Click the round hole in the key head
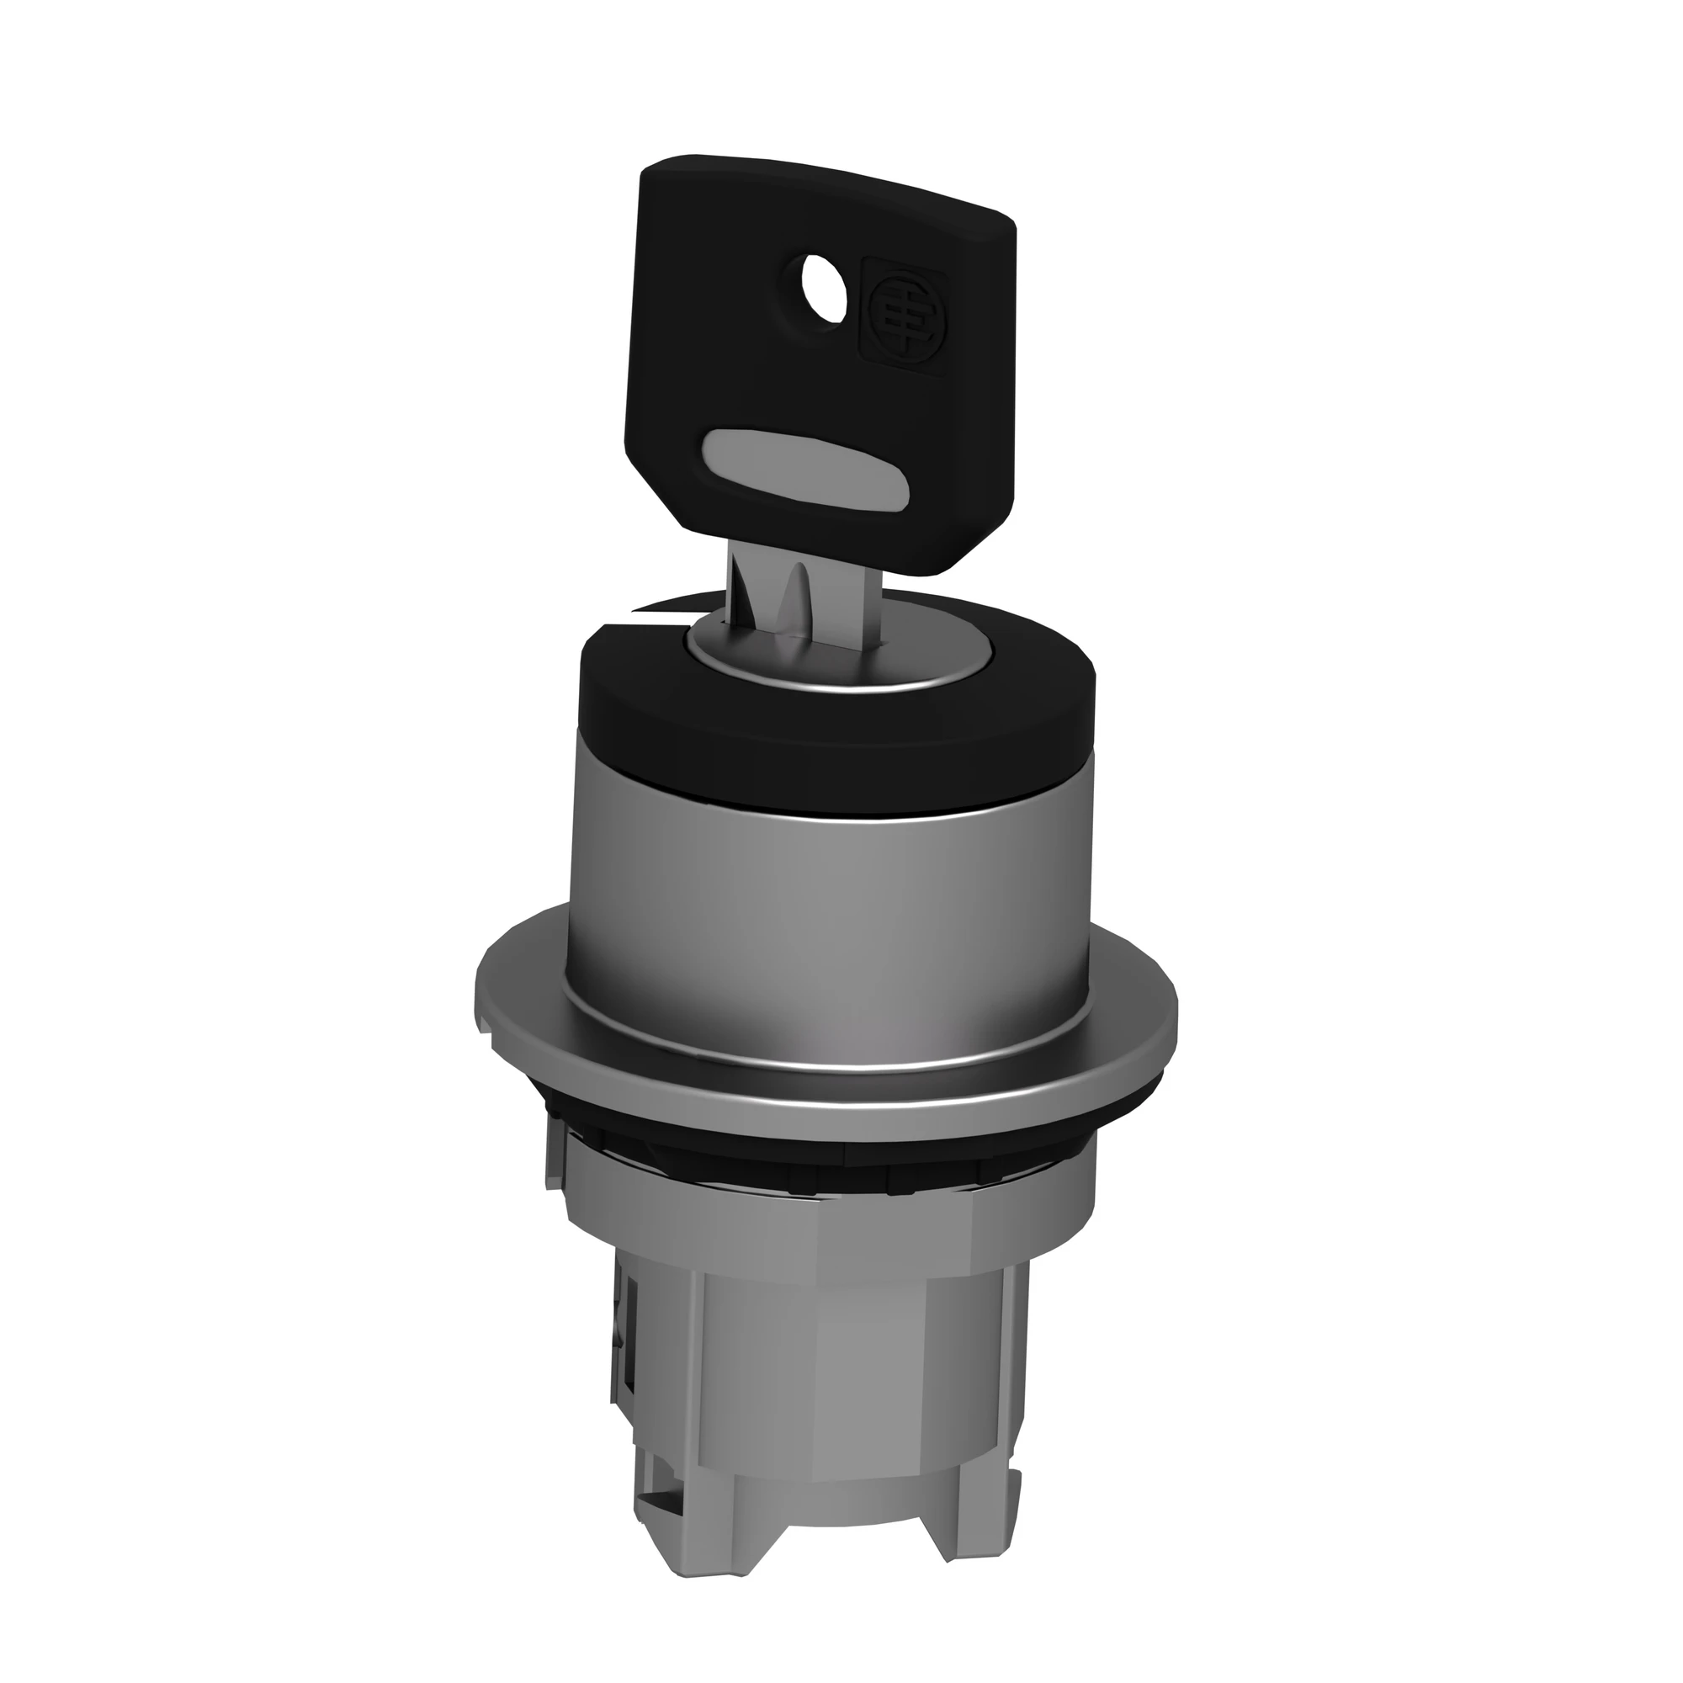(x=823, y=302)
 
